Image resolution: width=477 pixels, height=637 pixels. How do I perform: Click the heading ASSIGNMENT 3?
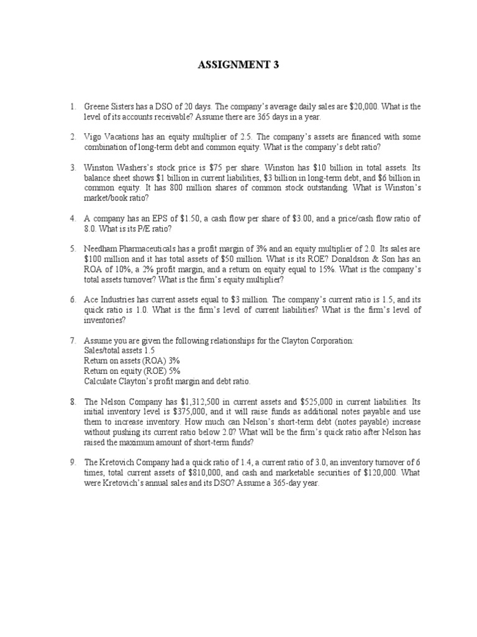pyautogui.click(x=238, y=65)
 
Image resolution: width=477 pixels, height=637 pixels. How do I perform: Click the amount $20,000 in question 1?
pyautogui.click(x=345, y=106)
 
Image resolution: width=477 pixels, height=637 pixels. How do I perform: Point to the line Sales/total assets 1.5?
pyautogui.click(x=118, y=350)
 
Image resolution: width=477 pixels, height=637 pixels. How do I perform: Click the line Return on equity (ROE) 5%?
pyautogui.click(x=127, y=370)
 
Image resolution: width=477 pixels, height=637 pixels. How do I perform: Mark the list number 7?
pyautogui.click(x=73, y=340)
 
